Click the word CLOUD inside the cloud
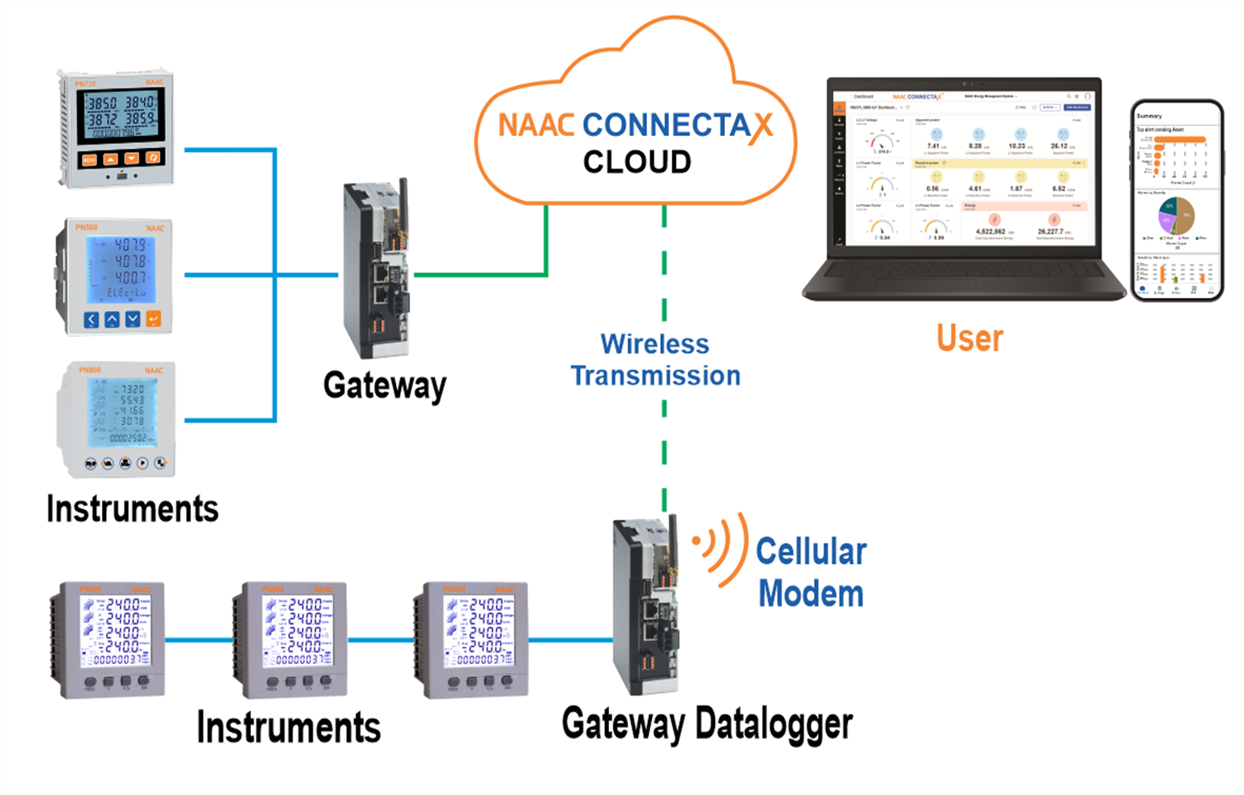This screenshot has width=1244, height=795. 637,162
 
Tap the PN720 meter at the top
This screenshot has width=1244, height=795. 117,129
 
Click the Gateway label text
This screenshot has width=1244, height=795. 385,385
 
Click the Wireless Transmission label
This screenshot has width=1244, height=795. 655,360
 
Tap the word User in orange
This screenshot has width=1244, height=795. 969,338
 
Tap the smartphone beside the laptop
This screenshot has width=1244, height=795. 1177,201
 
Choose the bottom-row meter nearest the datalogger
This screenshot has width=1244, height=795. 472,640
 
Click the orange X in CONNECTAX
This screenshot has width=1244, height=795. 760,127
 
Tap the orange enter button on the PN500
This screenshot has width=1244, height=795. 153,319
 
